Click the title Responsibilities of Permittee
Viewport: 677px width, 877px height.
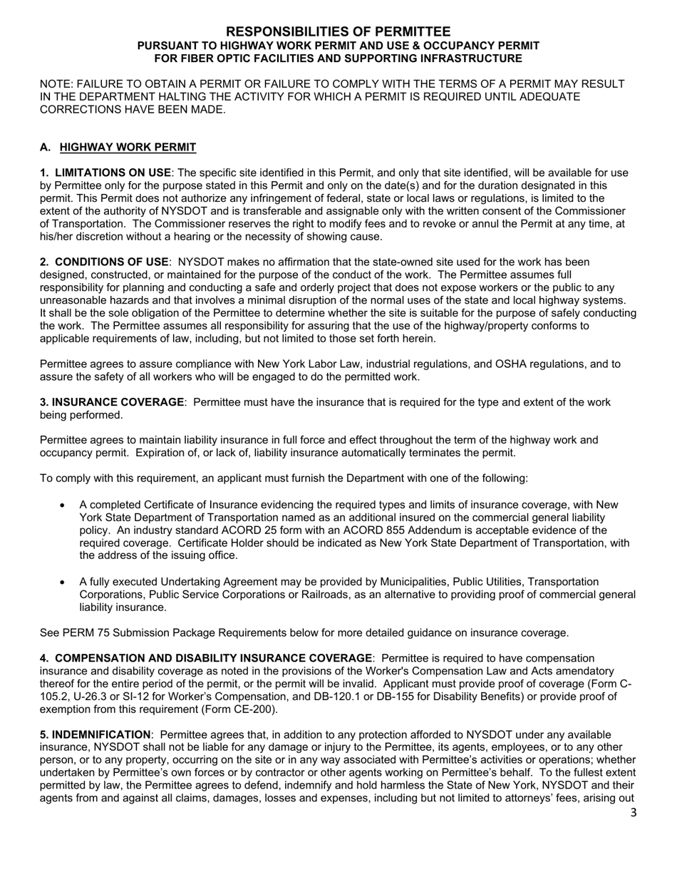(338, 31)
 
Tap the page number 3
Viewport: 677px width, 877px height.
(634, 813)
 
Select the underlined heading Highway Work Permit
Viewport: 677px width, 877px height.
(128, 148)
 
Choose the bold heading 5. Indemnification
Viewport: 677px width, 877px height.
(95, 734)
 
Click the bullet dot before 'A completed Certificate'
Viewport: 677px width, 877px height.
(63, 506)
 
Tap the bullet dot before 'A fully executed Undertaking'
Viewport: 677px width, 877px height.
(63, 583)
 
